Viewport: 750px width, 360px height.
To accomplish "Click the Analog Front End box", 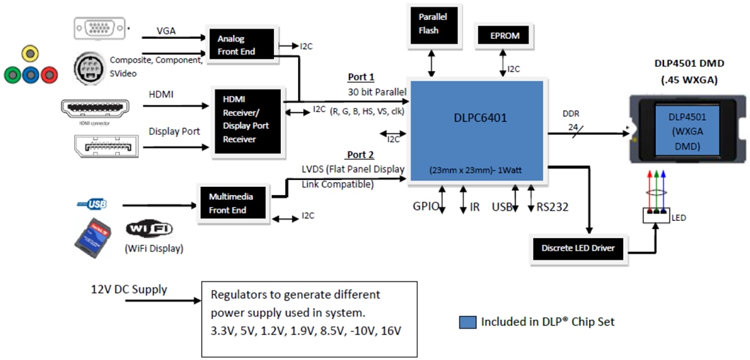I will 241,45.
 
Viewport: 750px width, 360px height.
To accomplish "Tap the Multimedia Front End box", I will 231,203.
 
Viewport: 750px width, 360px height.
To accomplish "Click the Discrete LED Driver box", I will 577,248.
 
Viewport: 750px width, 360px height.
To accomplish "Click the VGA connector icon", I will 100,28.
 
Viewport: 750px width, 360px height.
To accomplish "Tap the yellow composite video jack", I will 29,53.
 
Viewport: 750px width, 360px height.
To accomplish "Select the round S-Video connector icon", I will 91,69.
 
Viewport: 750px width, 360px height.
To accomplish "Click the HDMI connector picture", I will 94,108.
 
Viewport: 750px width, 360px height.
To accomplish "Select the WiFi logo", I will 149,229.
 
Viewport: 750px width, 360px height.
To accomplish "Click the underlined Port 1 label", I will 361,78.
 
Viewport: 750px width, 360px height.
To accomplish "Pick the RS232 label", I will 553,207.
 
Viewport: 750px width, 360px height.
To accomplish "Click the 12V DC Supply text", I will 129,289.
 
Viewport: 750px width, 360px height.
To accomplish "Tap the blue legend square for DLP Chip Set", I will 468,321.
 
